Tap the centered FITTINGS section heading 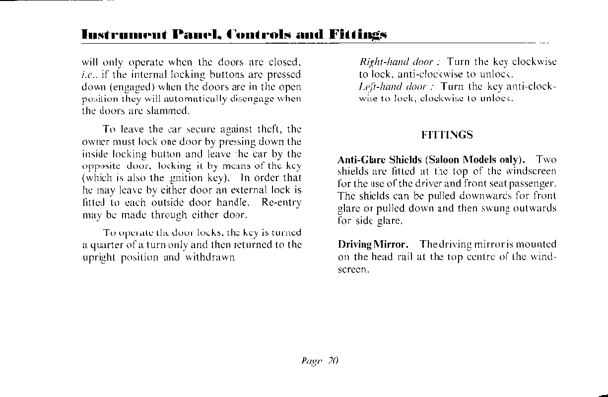447,135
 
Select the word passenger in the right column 535,184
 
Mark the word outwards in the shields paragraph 533,208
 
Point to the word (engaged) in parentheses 127,87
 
